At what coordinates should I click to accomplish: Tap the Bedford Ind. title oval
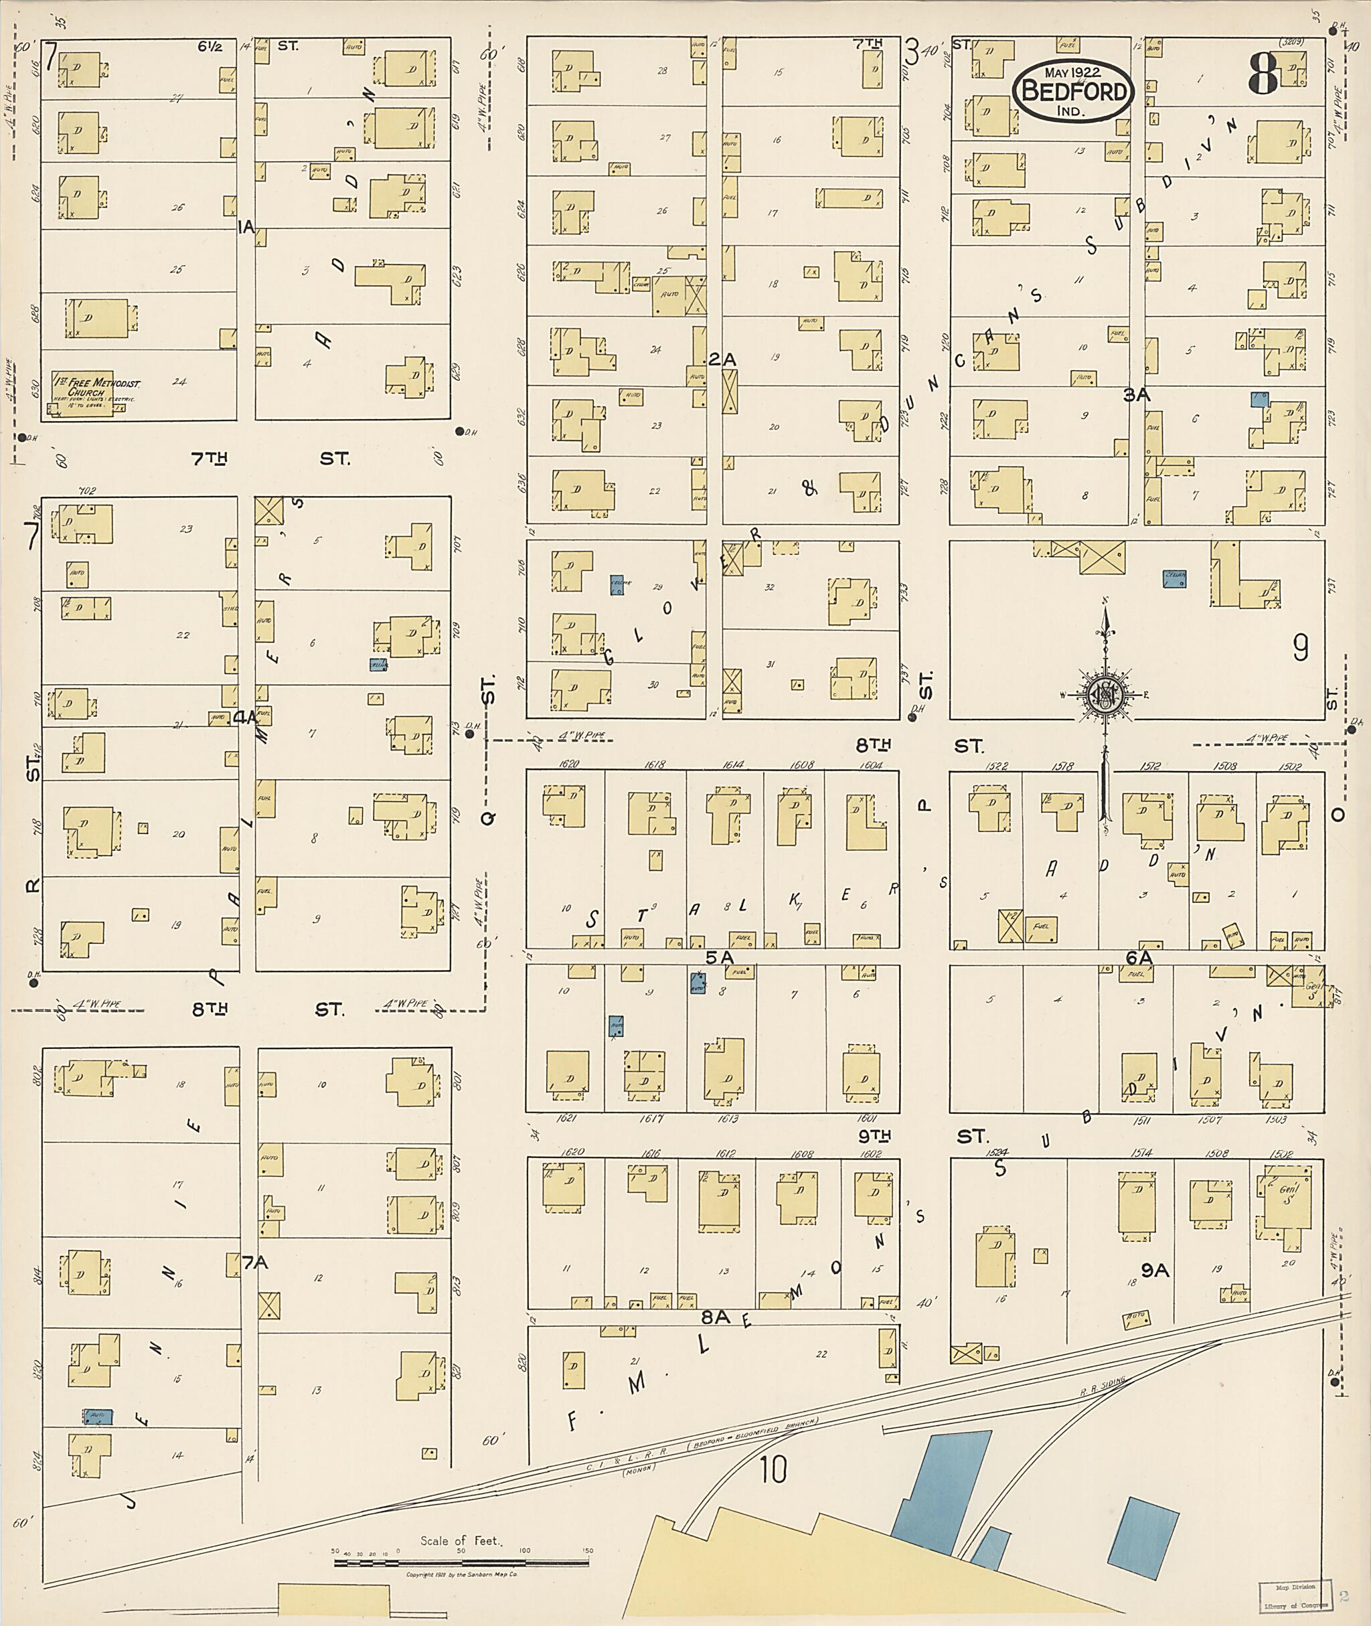pyautogui.click(x=1073, y=92)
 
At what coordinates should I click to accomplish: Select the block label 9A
pyautogui.click(x=1155, y=1270)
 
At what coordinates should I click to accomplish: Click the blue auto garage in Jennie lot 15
pyautogui.click(x=98, y=1417)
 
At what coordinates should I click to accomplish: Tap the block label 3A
pyautogui.click(x=1136, y=395)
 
